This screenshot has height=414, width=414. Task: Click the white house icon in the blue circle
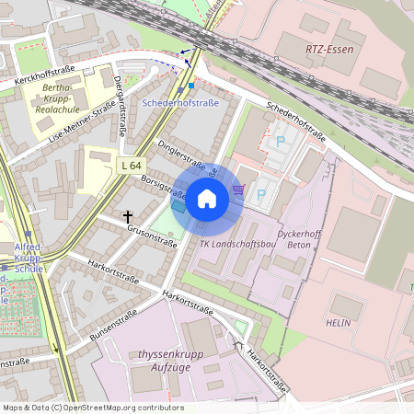207,198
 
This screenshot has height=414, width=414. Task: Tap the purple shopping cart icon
238,190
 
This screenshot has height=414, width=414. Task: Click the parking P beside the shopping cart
260,195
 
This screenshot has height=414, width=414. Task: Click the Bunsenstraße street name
108,319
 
